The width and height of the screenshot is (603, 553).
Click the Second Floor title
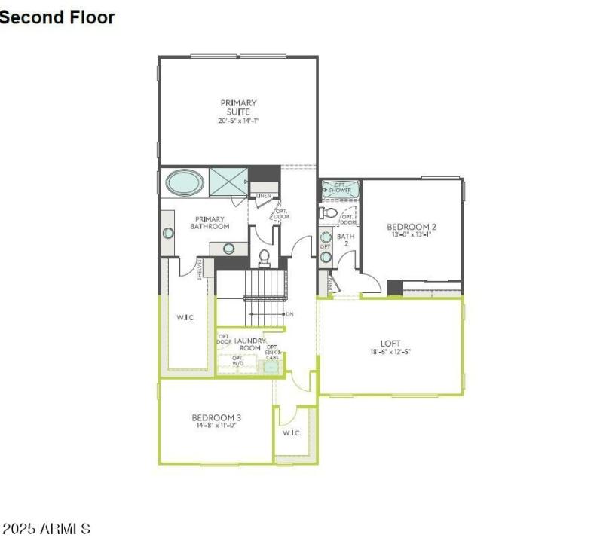pyautogui.click(x=57, y=17)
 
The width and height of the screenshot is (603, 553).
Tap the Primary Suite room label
pyautogui.click(x=238, y=107)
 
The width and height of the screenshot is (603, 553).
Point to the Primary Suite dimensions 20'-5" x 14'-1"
pyautogui.click(x=238, y=121)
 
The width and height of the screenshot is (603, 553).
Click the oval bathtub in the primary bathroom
pyautogui.click(x=184, y=182)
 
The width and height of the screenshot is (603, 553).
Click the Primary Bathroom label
pyautogui.click(x=209, y=222)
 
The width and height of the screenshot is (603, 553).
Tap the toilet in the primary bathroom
pyautogui.click(x=264, y=257)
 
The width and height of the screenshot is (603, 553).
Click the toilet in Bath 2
pyautogui.click(x=329, y=213)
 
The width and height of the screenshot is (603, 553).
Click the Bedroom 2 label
pyautogui.click(x=412, y=226)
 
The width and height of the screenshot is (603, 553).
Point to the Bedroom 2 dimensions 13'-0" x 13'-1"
pyautogui.click(x=412, y=234)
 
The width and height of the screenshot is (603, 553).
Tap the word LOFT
pyautogui.click(x=390, y=343)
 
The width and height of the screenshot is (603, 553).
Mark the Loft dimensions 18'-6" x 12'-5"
pyautogui.click(x=390, y=352)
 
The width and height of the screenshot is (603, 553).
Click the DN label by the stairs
pyautogui.click(x=289, y=313)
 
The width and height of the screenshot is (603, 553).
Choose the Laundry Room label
pyautogui.click(x=249, y=344)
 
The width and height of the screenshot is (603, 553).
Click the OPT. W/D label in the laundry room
pyautogui.click(x=237, y=360)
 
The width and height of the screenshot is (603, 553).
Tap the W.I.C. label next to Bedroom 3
pyautogui.click(x=292, y=433)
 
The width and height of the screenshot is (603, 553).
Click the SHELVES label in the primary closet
pyautogui.click(x=200, y=269)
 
